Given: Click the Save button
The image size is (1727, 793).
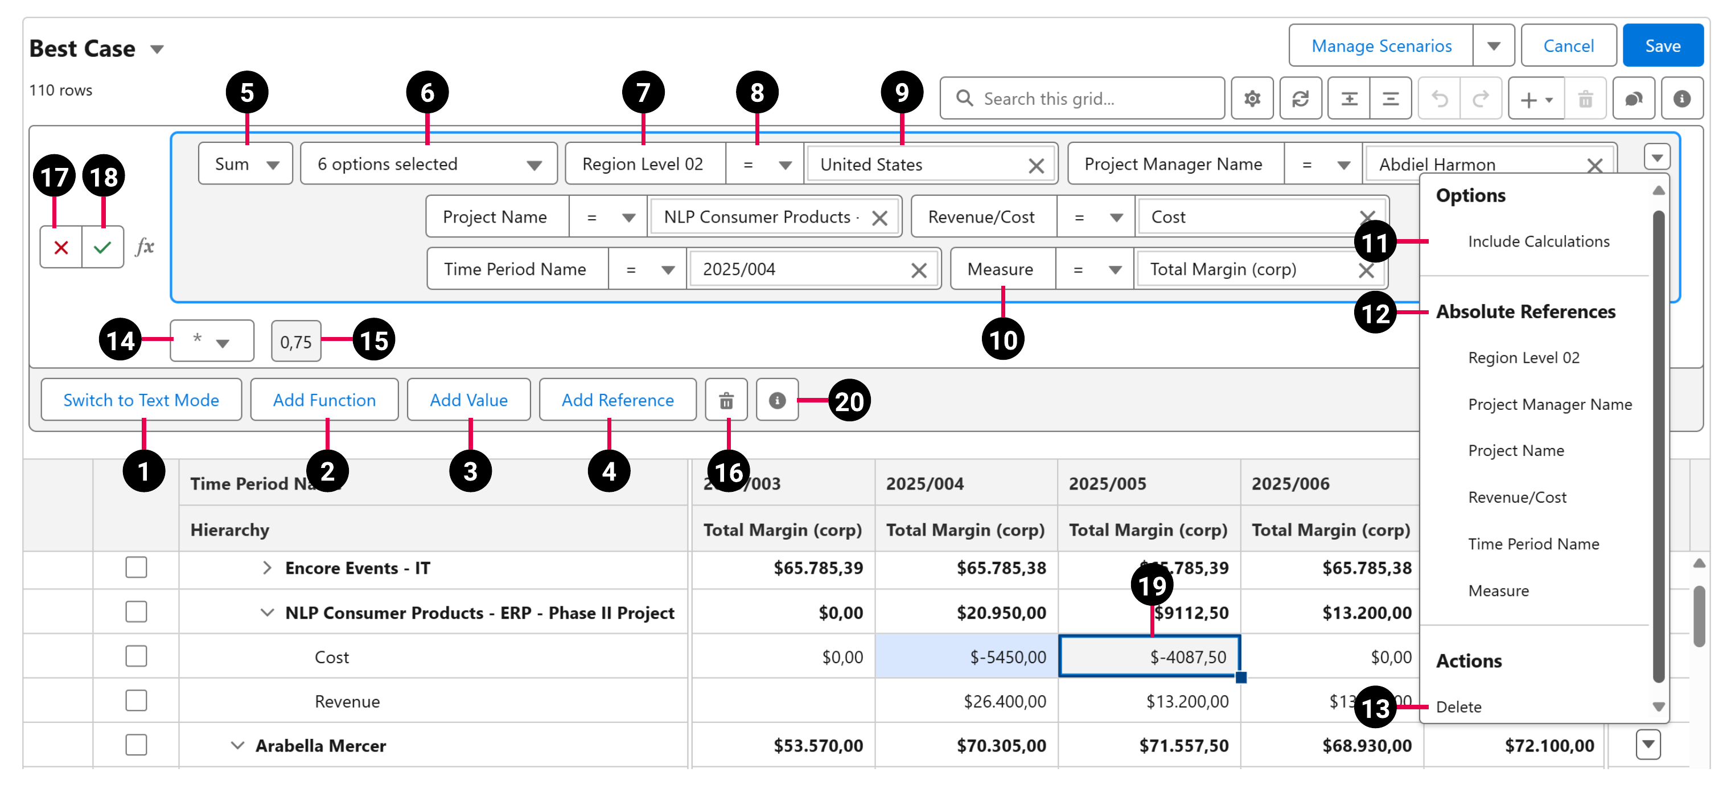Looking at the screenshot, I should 1662,46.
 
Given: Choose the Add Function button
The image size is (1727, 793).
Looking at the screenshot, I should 324,400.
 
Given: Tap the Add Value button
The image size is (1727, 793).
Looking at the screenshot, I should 468,400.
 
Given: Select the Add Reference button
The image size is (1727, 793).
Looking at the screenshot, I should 617,400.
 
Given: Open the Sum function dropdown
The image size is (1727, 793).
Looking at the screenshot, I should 245,163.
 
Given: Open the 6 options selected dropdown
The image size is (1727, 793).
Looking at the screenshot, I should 429,163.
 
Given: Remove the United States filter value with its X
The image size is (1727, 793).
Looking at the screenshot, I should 1036,165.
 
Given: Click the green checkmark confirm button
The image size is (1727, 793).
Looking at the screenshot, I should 102,248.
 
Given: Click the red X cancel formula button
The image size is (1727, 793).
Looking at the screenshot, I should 61,248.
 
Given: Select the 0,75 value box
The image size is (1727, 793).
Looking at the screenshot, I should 295,342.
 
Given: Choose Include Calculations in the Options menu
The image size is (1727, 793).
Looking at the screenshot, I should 1538,241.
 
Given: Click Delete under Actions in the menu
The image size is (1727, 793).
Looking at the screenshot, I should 1458,706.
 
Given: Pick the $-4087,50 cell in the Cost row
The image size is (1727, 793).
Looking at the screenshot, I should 1149,656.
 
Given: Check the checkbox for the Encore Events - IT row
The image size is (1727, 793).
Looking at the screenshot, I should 136,567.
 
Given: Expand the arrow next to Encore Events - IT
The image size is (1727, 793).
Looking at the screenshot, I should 267,568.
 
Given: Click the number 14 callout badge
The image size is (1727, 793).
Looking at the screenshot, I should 120,340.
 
